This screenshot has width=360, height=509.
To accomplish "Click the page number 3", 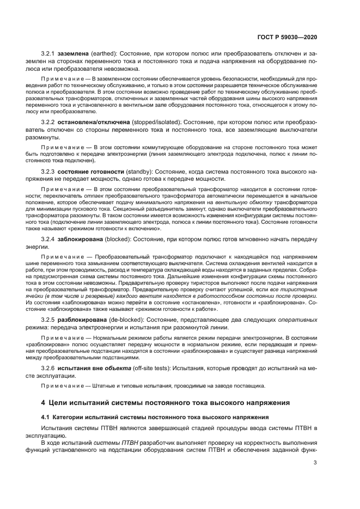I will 316,463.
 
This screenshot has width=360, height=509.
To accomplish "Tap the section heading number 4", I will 44,403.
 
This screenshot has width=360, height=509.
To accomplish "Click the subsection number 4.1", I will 46,416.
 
